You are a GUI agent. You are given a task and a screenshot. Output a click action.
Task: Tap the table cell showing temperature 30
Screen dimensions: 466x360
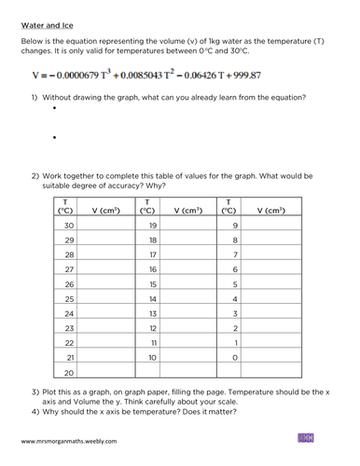68,225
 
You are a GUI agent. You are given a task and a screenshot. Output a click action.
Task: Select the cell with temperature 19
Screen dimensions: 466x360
154,225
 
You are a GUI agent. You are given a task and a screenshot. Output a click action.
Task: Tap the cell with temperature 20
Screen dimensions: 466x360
68,374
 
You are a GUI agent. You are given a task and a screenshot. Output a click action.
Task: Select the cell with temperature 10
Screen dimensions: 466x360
154,357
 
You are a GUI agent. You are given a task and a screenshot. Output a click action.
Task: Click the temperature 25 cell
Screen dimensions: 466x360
68,298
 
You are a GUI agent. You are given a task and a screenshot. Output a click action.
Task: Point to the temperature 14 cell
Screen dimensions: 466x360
154,298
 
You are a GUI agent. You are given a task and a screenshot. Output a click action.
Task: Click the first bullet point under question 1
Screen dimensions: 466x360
56,108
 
